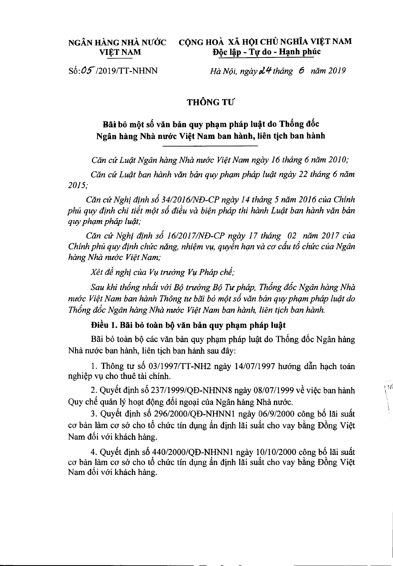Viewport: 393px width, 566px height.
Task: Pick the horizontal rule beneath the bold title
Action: [210, 146]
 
